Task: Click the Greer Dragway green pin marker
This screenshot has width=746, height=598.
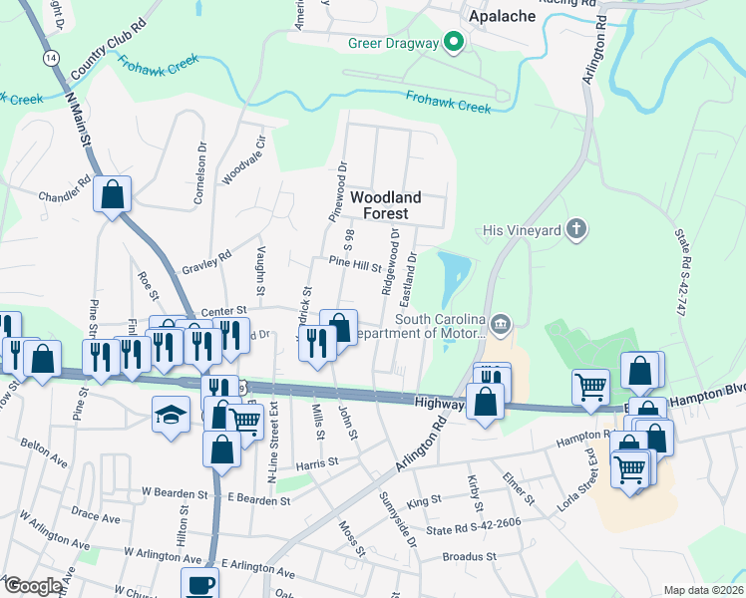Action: coord(454,43)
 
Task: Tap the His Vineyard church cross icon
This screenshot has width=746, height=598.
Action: coord(574,230)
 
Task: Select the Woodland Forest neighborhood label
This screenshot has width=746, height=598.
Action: coord(385,205)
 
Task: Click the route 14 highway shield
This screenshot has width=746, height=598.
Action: coord(51,59)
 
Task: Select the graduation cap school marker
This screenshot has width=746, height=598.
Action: coord(171,413)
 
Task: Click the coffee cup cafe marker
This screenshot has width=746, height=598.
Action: coord(199,584)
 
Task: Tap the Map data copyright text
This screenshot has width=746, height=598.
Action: coord(703,590)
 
